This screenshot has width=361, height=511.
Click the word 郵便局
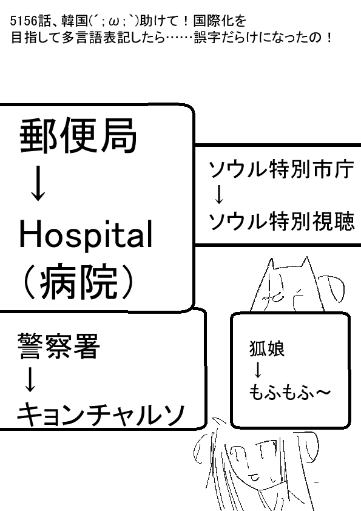coord(78,135)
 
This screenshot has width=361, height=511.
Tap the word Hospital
coord(86,235)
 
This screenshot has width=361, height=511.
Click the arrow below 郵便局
coord(38,183)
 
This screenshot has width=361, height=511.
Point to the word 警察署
coord(59,346)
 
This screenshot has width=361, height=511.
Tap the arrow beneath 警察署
coord(30,379)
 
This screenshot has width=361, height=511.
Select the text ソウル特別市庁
coord(282,169)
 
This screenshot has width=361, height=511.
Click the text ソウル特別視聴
coord(282,222)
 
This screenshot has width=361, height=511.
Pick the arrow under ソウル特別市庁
coord(219,195)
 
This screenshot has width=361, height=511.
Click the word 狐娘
coord(267,348)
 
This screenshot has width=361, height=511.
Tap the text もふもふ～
coord(289,391)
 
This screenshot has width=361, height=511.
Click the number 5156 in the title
coord(24,21)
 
